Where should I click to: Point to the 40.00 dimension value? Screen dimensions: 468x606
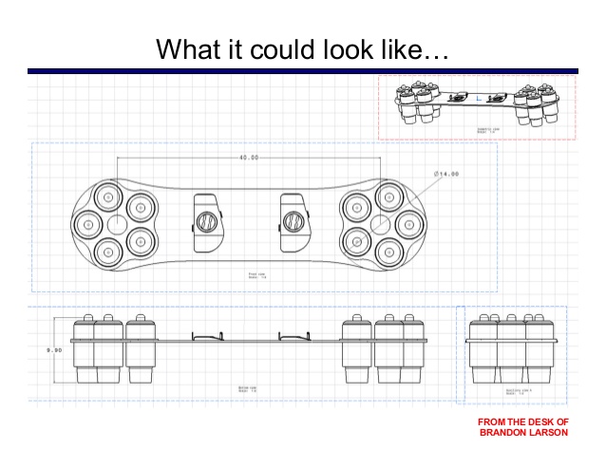[x=249, y=157]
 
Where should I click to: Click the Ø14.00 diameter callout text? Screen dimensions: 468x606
[x=445, y=174]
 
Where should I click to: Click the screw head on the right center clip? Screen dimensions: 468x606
[x=294, y=222]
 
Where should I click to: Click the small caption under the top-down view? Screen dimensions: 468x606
[x=255, y=274]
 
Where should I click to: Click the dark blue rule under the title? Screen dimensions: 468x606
[x=302, y=70]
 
